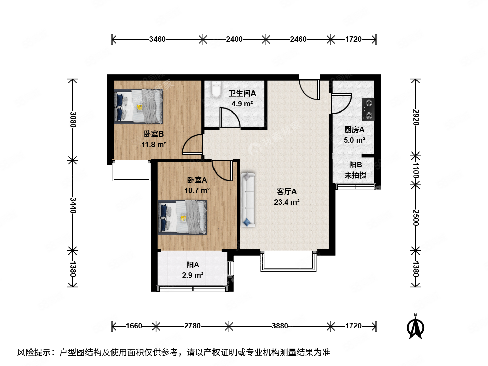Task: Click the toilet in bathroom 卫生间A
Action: (x=216, y=89)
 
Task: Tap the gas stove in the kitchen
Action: (x=368, y=109)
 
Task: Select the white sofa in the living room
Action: (x=247, y=200)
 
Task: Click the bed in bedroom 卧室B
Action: (x=138, y=106)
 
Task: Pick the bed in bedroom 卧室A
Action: (x=182, y=217)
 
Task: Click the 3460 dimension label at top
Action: (x=158, y=39)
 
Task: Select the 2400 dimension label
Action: (x=234, y=39)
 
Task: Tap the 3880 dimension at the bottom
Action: (x=280, y=326)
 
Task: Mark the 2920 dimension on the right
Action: (x=416, y=117)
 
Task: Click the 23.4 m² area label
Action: (x=287, y=202)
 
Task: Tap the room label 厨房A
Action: (x=354, y=130)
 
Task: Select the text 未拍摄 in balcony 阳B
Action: (x=355, y=175)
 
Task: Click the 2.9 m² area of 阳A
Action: (x=192, y=276)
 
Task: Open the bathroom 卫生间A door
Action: (x=230, y=119)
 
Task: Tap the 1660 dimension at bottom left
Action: (x=134, y=326)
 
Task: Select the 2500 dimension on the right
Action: (x=416, y=218)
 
